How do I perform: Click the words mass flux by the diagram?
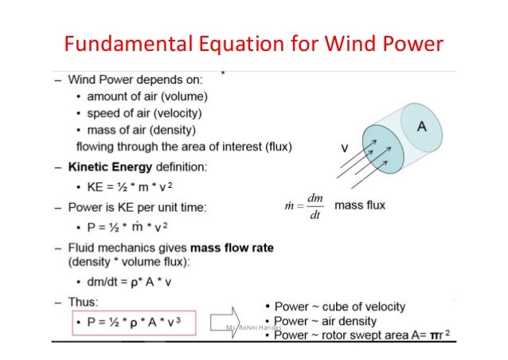tap(360, 205)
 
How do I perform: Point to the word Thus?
tap(83, 303)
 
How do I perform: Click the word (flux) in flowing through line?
tap(276, 147)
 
